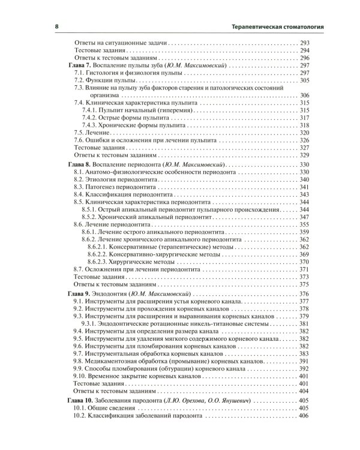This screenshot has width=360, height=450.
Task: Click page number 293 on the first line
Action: pos(304,43)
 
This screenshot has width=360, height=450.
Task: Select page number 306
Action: pos(304,95)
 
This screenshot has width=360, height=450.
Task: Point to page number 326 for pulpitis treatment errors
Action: pos(304,140)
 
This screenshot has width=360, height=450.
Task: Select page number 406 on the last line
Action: pos(304,416)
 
